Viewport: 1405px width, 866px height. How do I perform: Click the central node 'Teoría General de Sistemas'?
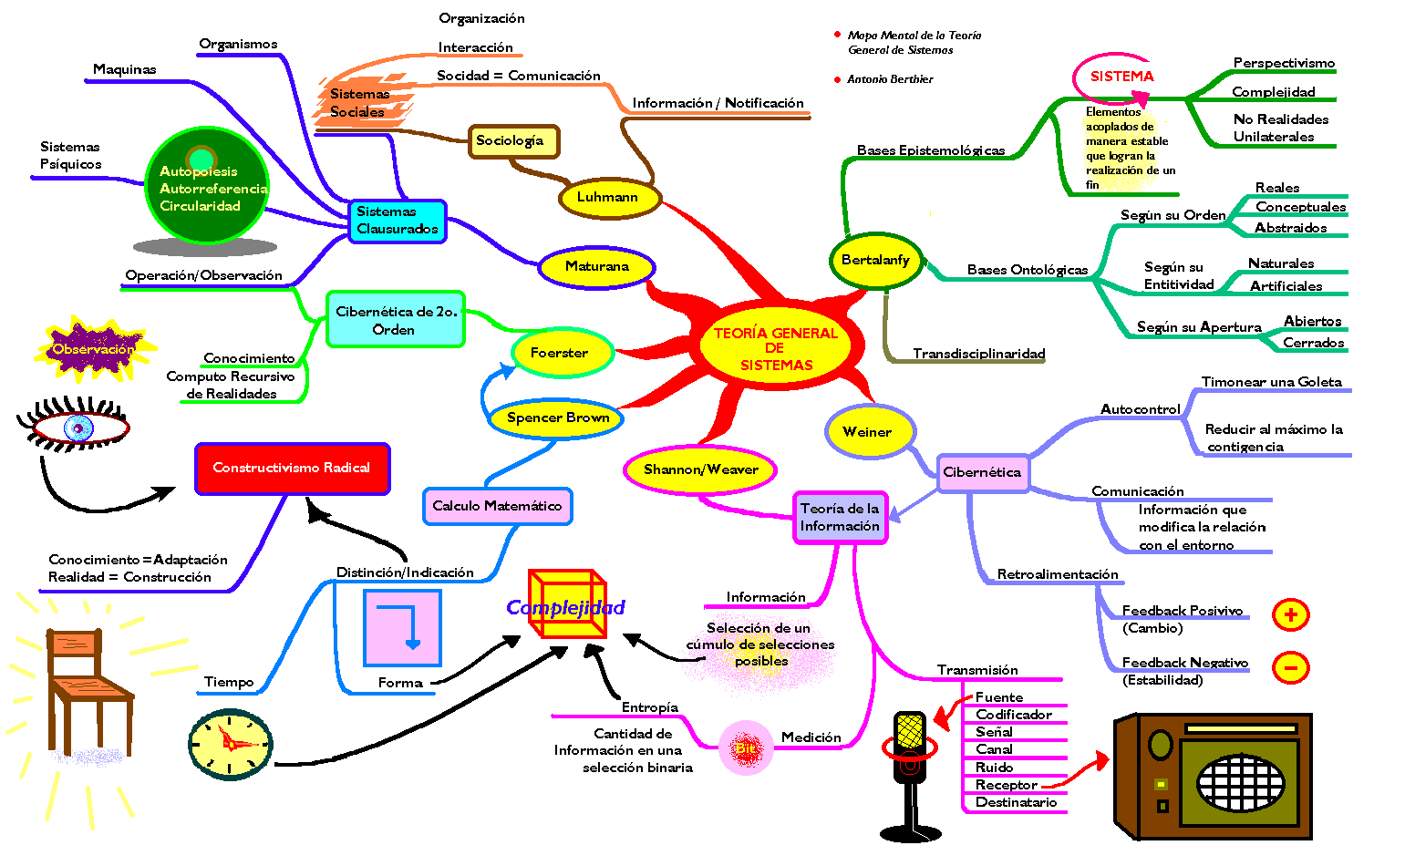[776, 348]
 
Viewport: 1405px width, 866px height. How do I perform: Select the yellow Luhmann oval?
[608, 197]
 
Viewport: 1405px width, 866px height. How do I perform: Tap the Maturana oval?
[597, 266]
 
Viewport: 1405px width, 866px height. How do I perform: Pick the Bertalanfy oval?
[875, 260]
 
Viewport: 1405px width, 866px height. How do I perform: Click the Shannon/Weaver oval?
[700, 469]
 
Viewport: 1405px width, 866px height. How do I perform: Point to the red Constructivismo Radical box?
[292, 468]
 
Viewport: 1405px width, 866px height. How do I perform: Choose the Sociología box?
[512, 141]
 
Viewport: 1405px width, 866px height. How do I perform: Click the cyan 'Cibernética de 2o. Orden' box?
[396, 320]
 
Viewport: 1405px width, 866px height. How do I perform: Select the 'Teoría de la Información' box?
[840, 517]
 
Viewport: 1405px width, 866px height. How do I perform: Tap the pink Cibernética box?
[982, 472]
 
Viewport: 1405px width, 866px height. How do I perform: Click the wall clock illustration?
[231, 744]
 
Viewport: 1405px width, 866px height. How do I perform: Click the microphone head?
[910, 731]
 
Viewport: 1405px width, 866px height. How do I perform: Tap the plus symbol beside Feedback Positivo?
[1290, 614]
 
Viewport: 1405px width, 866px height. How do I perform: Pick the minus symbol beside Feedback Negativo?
[1290, 667]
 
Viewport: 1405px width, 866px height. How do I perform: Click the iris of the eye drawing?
[78, 427]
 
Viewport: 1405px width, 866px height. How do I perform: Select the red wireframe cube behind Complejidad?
[567, 603]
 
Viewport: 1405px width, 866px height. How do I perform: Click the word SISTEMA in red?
[1121, 77]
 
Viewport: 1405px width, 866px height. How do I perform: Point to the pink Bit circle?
[746, 748]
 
